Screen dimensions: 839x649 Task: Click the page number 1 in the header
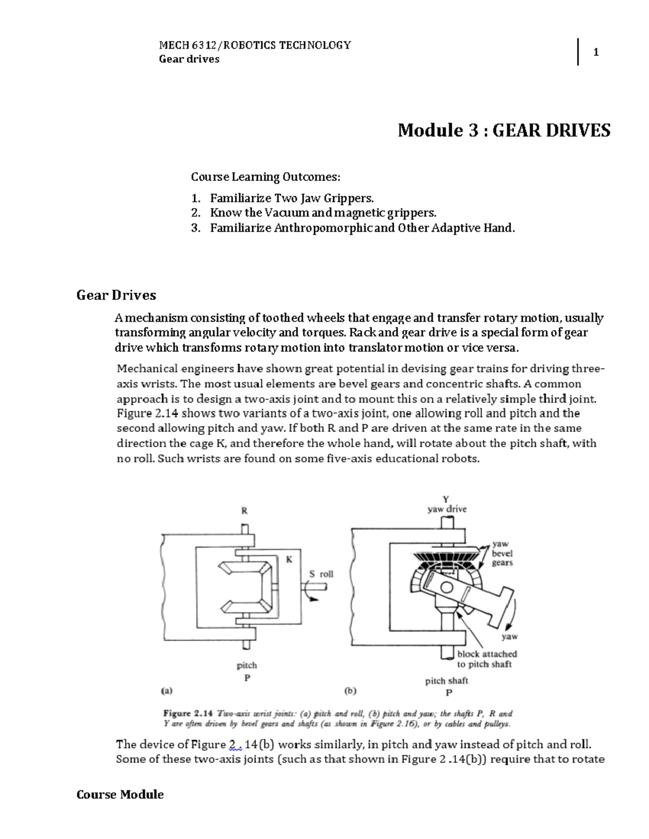595,52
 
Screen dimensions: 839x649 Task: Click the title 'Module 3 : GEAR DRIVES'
504,130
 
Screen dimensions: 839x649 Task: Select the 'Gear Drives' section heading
116,295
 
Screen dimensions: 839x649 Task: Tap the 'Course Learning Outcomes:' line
266,177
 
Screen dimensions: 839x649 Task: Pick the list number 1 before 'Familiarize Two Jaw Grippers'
195,198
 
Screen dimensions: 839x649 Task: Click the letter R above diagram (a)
244,510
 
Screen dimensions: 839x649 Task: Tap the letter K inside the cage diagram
289,560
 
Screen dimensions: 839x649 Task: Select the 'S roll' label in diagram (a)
321,574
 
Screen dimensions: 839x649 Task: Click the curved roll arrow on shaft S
310,593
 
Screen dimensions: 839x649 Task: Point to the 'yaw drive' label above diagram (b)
447,509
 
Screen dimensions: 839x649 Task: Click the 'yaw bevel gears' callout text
502,553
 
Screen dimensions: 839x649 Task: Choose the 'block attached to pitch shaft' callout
487,659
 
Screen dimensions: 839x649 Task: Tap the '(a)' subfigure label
167,690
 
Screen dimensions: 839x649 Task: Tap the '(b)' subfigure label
350,690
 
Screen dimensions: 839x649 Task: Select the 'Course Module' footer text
120,794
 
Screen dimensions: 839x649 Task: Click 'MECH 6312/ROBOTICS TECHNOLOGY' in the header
255,45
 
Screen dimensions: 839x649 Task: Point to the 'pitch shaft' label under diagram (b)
446,681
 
